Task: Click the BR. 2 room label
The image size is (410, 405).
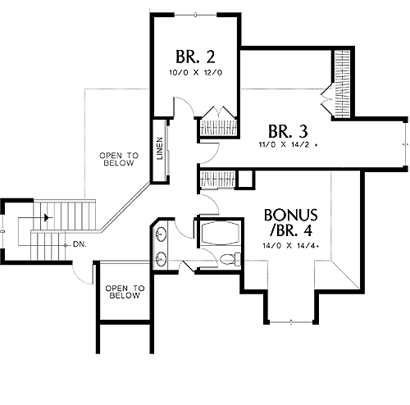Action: pyautogui.click(x=195, y=57)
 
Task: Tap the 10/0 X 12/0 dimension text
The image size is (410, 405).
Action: pyautogui.click(x=195, y=73)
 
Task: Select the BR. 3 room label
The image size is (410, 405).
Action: pyautogui.click(x=288, y=131)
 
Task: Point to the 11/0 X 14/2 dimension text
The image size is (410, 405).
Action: pyautogui.click(x=288, y=145)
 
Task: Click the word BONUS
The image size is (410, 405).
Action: pyautogui.click(x=290, y=215)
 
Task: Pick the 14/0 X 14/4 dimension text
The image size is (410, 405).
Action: pyautogui.click(x=291, y=246)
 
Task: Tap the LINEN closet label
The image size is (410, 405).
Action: pyautogui.click(x=160, y=148)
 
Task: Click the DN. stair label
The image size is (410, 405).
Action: pyautogui.click(x=80, y=244)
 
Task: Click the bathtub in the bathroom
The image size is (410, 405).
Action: pyautogui.click(x=220, y=233)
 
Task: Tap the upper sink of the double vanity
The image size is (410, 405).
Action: pyautogui.click(x=162, y=234)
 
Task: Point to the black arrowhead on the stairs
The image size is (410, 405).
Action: pyautogui.click(x=48, y=217)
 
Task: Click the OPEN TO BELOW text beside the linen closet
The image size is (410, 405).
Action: pyautogui.click(x=119, y=159)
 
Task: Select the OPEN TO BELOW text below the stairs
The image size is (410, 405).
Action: pyautogui.click(x=125, y=292)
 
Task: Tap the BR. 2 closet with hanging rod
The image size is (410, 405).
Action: pyautogui.click(x=218, y=127)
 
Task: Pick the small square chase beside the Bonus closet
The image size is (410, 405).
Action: pyautogui.click(x=246, y=179)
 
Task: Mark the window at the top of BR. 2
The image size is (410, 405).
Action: pyautogui.click(x=195, y=15)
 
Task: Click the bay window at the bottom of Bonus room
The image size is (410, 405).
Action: pyautogui.click(x=291, y=322)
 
